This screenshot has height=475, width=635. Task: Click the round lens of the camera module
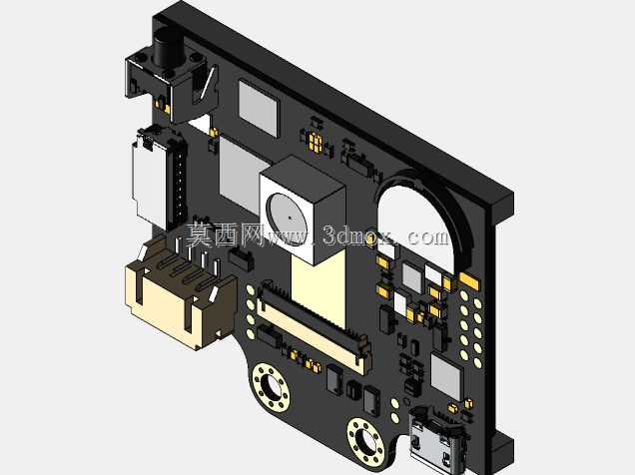(287, 218)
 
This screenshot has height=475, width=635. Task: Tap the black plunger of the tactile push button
(167, 48)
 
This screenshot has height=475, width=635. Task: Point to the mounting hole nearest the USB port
(365, 442)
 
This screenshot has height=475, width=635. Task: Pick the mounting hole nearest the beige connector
(271, 387)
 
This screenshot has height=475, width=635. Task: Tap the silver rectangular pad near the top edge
(259, 108)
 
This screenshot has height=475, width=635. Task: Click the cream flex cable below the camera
(318, 288)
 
